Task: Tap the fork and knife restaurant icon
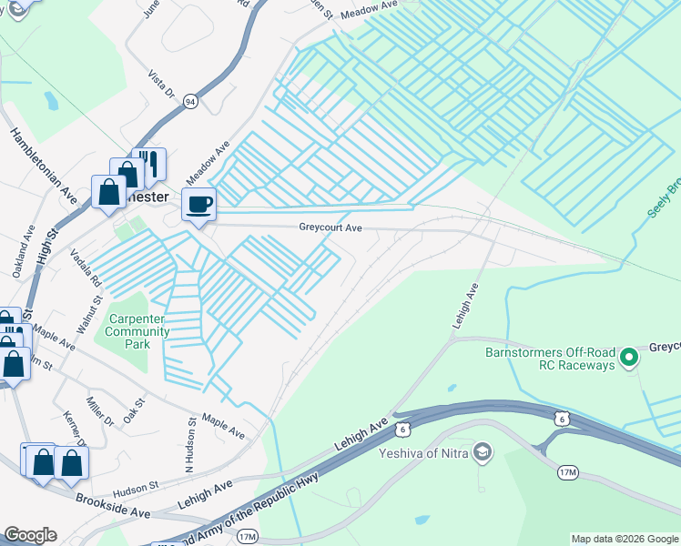point(150,165)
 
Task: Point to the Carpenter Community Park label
point(138,331)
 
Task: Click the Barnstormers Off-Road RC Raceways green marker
point(627,358)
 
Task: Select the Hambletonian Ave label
point(44,166)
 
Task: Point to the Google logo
point(30,535)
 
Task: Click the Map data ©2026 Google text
point(625,539)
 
